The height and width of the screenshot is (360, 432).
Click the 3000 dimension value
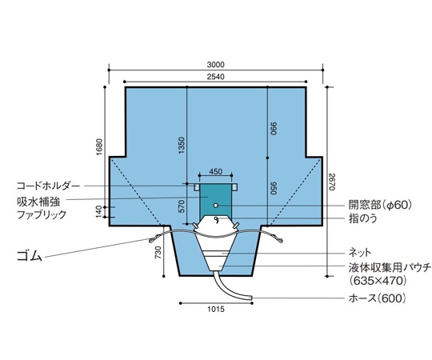click(215, 65)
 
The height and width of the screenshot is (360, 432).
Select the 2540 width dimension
click(215, 77)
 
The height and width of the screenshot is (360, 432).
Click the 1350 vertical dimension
click(182, 146)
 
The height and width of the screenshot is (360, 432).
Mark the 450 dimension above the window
click(215, 171)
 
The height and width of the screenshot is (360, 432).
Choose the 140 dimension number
click(100, 209)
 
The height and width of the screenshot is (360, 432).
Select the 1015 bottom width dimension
click(215, 309)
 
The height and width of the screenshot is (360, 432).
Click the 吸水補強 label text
click(38, 200)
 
